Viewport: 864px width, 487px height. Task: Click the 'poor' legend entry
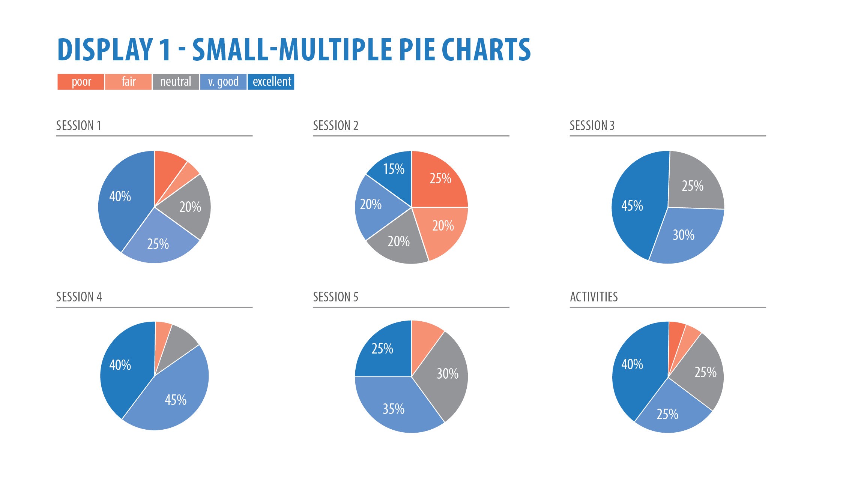[81, 82]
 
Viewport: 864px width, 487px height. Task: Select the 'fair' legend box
[128, 82]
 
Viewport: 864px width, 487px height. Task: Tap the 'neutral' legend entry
[176, 82]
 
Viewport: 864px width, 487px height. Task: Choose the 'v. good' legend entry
[223, 82]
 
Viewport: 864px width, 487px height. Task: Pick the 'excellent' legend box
[271, 82]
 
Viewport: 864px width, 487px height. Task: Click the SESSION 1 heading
[79, 126]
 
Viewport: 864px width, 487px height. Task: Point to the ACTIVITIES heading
[594, 297]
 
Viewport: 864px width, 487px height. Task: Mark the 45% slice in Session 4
[176, 399]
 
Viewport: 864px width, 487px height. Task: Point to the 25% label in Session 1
[158, 244]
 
